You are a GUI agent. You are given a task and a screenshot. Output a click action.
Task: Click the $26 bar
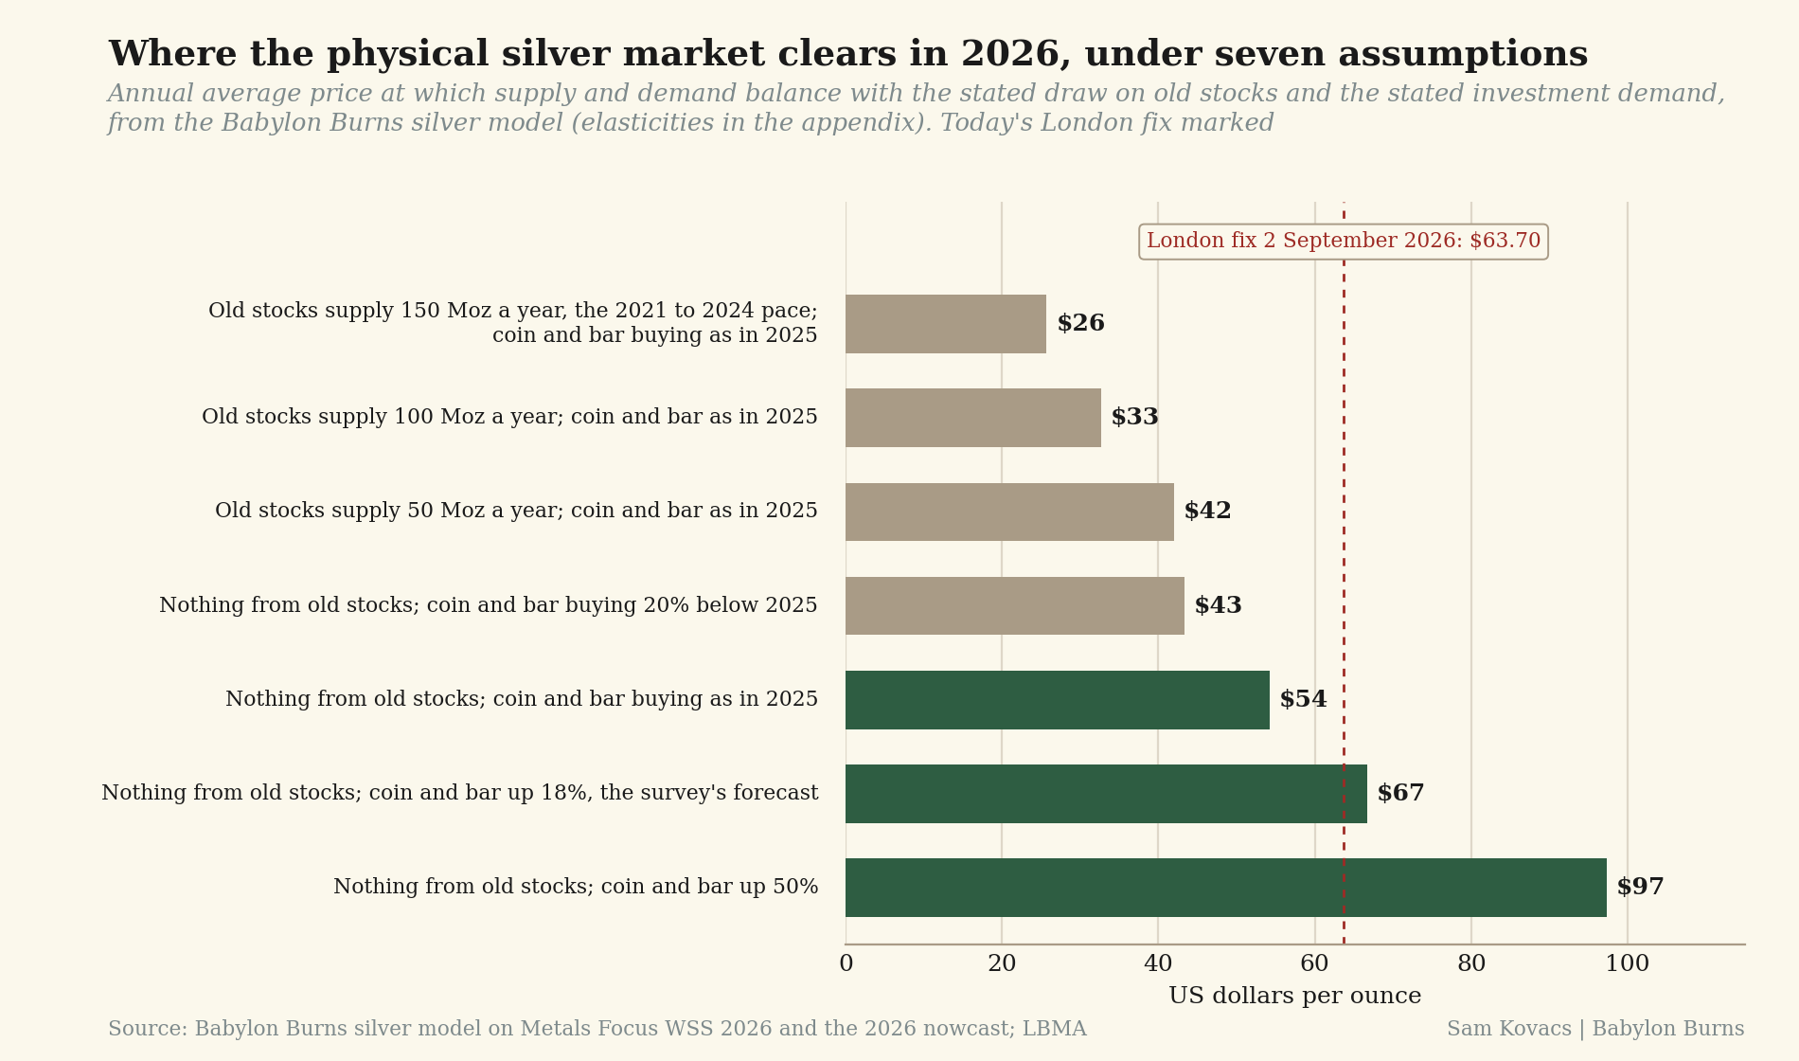pyautogui.click(x=946, y=324)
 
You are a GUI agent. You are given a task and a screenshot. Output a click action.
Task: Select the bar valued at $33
pyautogui.click(x=973, y=418)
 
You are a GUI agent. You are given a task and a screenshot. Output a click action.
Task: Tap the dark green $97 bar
pyautogui.click(x=1226, y=888)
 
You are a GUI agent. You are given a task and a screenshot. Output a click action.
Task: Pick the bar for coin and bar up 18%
pyautogui.click(x=1106, y=794)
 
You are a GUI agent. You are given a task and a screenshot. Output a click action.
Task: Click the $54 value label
pyautogui.click(x=1303, y=700)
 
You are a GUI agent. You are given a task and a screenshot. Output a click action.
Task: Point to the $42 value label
pyautogui.click(x=1207, y=512)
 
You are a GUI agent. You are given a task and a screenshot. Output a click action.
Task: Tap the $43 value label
pyautogui.click(x=1218, y=606)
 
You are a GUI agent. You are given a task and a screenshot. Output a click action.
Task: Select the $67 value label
pyautogui.click(x=1400, y=794)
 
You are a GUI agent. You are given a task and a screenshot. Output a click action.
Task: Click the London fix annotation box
pyautogui.click(x=1344, y=242)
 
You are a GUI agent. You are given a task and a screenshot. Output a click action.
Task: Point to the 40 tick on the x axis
pyautogui.click(x=1158, y=964)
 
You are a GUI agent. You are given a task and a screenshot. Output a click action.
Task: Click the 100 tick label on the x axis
pyautogui.click(x=1628, y=964)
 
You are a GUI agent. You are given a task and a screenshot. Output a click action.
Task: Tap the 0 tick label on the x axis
pyautogui.click(x=846, y=964)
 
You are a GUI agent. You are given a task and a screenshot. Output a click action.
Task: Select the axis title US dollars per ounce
pyautogui.click(x=1294, y=997)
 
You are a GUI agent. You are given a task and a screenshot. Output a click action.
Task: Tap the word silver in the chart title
pyautogui.click(x=556, y=54)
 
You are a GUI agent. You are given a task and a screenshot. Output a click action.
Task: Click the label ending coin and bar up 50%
pyautogui.click(x=576, y=888)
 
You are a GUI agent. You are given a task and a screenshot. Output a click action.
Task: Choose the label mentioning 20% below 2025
pyautogui.click(x=489, y=606)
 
